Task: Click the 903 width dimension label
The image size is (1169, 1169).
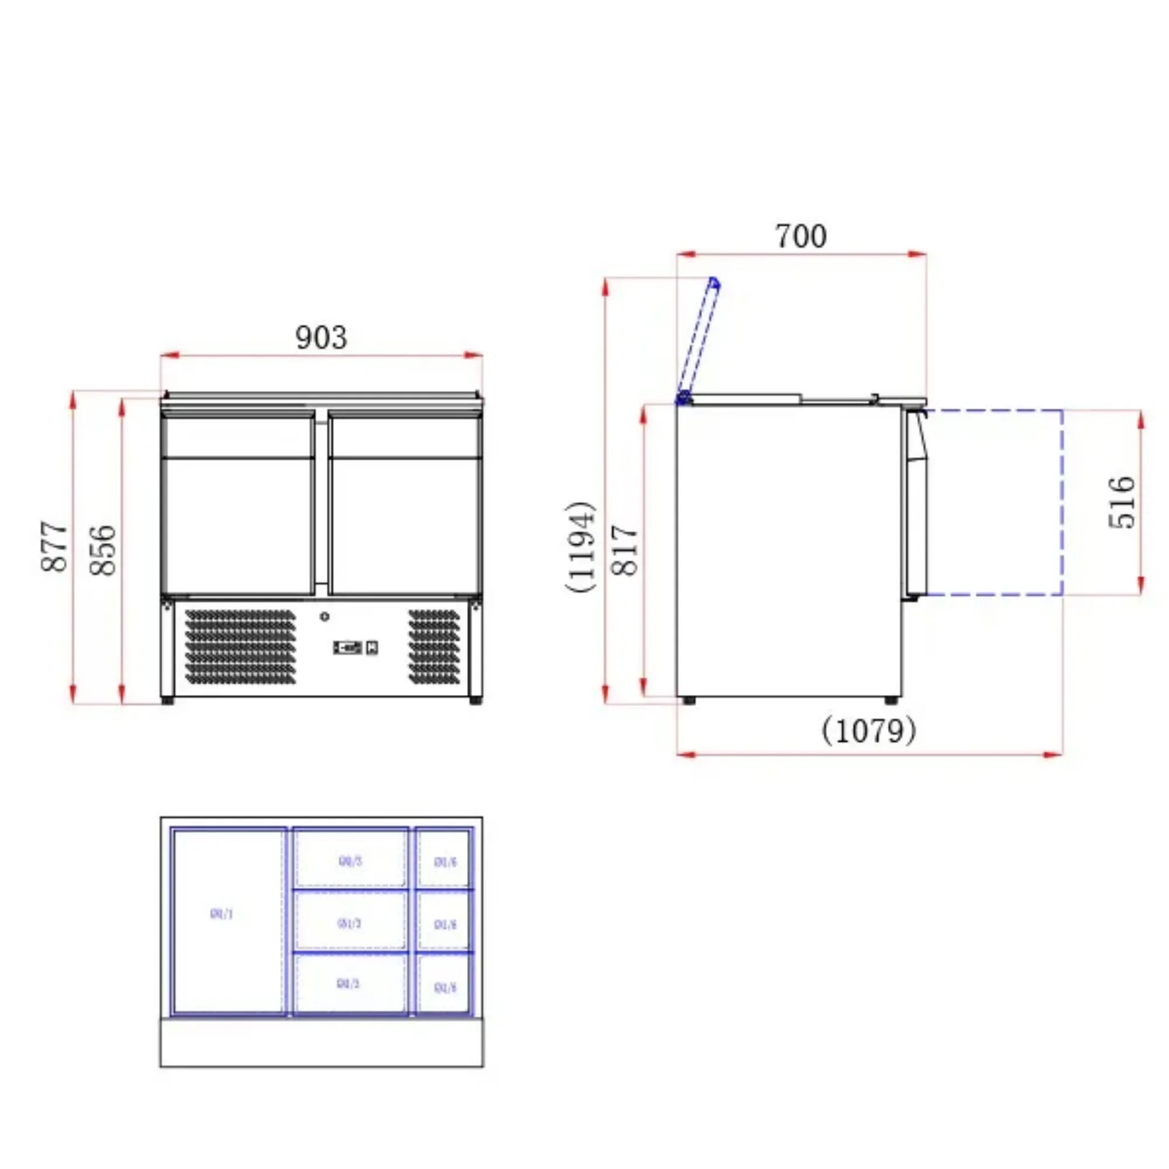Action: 321,338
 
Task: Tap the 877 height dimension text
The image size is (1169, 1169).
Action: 54,547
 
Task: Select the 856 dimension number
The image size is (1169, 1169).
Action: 102,551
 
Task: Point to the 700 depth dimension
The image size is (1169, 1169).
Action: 801,237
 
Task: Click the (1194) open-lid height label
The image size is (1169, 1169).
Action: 582,547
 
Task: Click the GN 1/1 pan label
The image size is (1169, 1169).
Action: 222,914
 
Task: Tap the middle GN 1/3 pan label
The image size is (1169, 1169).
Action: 349,924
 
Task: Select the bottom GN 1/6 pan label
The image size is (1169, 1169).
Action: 445,988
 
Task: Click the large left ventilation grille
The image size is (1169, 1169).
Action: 240,647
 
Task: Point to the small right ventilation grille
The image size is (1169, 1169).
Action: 434,647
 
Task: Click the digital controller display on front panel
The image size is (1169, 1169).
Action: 348,648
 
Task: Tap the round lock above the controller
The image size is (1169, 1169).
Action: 325,617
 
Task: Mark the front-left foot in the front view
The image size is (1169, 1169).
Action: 168,701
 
